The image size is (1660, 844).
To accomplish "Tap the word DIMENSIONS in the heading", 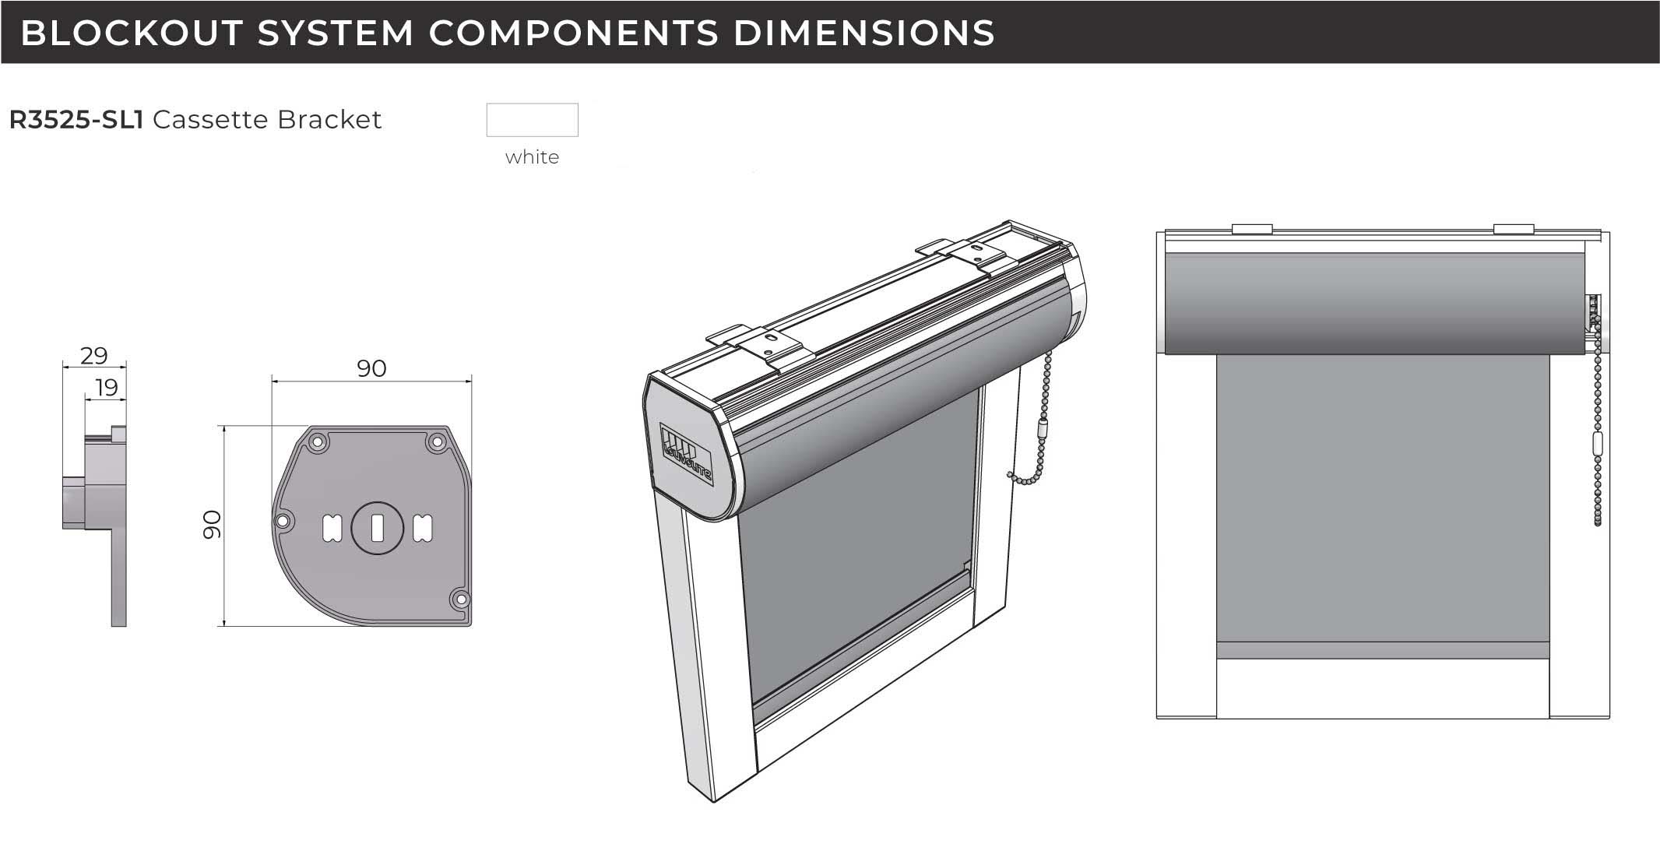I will tap(864, 33).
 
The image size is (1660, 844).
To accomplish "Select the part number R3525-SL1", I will tap(76, 120).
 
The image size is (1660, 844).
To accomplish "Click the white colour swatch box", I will tap(532, 120).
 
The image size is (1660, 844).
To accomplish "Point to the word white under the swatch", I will tap(532, 157).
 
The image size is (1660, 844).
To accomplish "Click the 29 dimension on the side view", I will tap(93, 356).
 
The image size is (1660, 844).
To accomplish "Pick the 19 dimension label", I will tap(106, 387).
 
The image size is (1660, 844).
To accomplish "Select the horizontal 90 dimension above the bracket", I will tap(371, 368).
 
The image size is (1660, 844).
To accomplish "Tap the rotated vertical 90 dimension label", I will tap(212, 525).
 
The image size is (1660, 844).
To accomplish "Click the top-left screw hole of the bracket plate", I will tap(317, 441).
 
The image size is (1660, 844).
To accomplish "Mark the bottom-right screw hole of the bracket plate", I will tap(459, 600).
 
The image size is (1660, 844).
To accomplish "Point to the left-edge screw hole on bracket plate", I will tap(283, 520).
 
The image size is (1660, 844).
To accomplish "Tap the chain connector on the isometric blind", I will tap(1043, 430).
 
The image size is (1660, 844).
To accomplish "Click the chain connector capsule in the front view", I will tap(1598, 445).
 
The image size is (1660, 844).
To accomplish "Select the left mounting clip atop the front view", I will tap(1252, 229).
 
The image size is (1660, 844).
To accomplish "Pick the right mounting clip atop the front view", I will tap(1513, 229).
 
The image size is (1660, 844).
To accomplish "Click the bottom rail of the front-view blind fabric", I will tap(1382, 650).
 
